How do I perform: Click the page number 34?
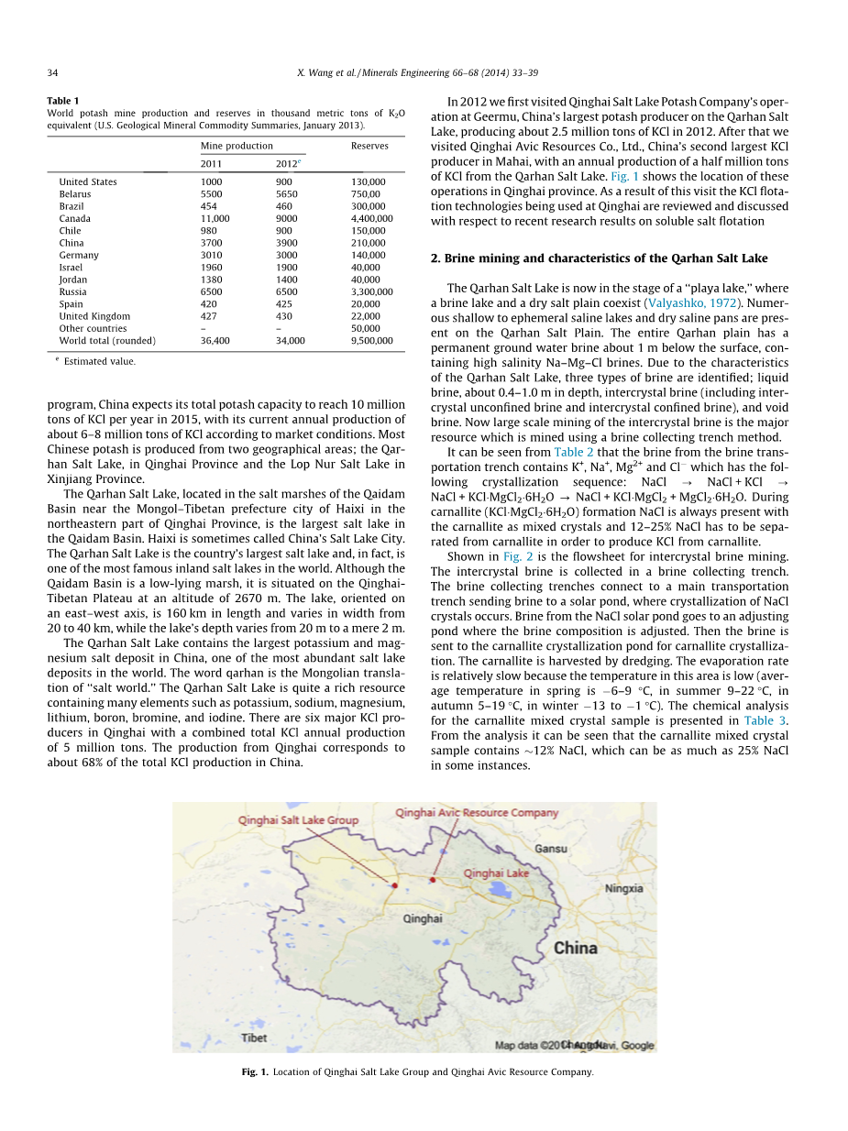point(52,72)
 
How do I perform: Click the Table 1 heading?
point(63,101)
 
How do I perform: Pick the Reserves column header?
point(369,146)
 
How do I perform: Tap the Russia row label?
point(72,291)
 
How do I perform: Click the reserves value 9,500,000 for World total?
point(371,340)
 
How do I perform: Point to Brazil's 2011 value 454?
point(208,206)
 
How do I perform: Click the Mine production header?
point(237,146)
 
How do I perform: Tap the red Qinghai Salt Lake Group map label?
point(299,820)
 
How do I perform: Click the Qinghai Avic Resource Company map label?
point(477,813)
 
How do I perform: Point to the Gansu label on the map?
point(551,849)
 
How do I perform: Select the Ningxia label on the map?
point(623,888)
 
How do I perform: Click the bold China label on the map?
point(576,948)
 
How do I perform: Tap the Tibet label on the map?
point(254,1038)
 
